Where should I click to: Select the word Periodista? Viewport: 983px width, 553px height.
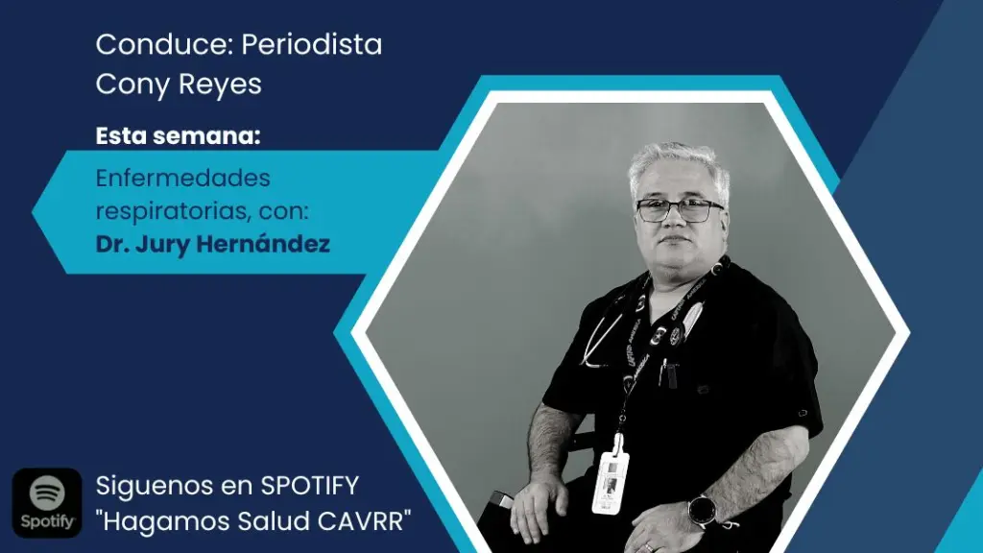(x=312, y=44)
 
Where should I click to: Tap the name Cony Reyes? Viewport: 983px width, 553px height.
(x=179, y=84)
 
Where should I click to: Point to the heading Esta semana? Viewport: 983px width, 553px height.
(x=178, y=135)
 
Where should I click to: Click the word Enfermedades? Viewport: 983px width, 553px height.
(x=183, y=178)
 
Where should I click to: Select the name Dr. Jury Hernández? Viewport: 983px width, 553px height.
(x=212, y=244)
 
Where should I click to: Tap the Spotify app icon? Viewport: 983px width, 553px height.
(x=47, y=503)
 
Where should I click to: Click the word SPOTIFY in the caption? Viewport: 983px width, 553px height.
(x=309, y=485)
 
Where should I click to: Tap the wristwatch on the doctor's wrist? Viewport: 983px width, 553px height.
(x=702, y=511)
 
